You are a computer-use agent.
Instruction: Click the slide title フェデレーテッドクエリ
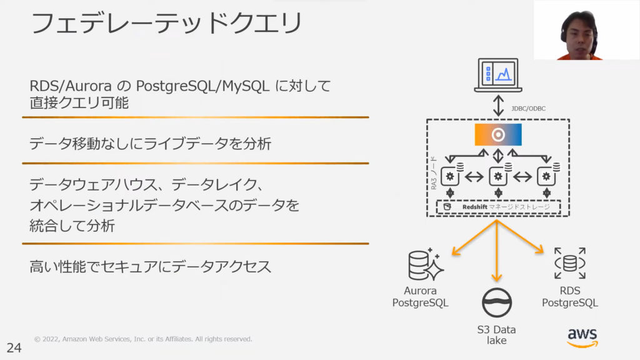[x=166, y=24]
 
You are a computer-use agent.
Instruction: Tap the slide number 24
[x=14, y=348]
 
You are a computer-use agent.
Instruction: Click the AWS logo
[x=582, y=337]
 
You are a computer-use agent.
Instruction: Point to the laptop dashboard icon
[x=497, y=75]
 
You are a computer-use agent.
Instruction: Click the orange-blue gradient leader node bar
[x=498, y=135]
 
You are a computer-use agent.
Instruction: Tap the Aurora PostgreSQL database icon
[x=425, y=264]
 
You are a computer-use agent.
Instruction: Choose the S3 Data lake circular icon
[x=497, y=303]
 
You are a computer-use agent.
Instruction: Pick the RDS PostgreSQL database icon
[x=569, y=263]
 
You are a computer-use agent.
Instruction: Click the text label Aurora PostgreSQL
[x=420, y=297]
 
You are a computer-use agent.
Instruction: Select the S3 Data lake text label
[x=497, y=335]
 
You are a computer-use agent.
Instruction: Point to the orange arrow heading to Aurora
[x=469, y=241]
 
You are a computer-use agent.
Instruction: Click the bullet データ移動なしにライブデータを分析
[x=150, y=143]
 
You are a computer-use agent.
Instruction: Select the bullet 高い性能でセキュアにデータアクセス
[x=150, y=267]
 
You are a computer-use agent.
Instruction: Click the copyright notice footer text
[x=143, y=339]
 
